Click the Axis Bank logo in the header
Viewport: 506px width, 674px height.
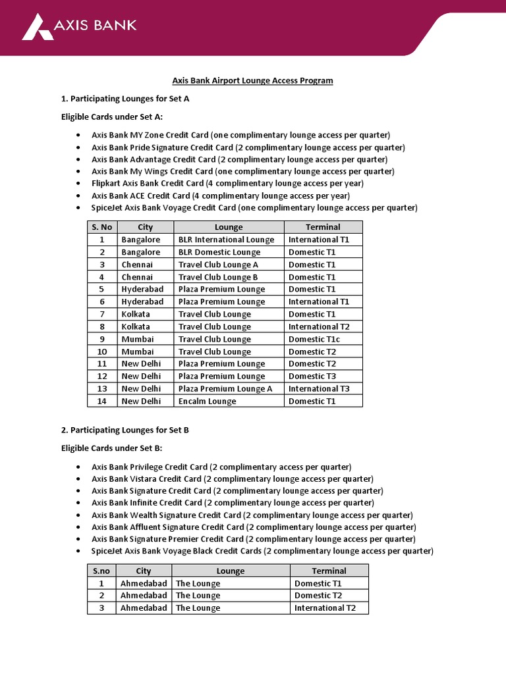(x=79, y=26)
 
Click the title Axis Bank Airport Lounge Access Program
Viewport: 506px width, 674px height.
(x=252, y=80)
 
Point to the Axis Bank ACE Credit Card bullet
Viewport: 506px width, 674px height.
(x=220, y=195)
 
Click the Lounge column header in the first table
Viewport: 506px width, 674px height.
(x=229, y=227)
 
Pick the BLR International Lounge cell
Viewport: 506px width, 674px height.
(x=226, y=240)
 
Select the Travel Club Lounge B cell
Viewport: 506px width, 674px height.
(x=218, y=277)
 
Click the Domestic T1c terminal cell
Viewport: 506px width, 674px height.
(x=314, y=339)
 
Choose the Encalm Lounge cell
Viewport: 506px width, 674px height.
(x=207, y=401)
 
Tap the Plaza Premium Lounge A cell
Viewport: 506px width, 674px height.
(x=225, y=388)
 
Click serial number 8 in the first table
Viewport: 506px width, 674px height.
(x=102, y=326)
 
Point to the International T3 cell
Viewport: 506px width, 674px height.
(x=319, y=388)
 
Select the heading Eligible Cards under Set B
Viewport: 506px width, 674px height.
(x=111, y=448)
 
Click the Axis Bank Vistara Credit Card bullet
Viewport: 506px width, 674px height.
(x=232, y=479)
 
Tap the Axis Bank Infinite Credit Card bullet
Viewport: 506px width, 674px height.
(x=233, y=503)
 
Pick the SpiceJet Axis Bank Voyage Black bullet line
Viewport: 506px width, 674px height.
(x=262, y=551)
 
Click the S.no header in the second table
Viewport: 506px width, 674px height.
(x=101, y=571)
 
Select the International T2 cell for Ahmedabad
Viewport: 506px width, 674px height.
(x=325, y=608)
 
